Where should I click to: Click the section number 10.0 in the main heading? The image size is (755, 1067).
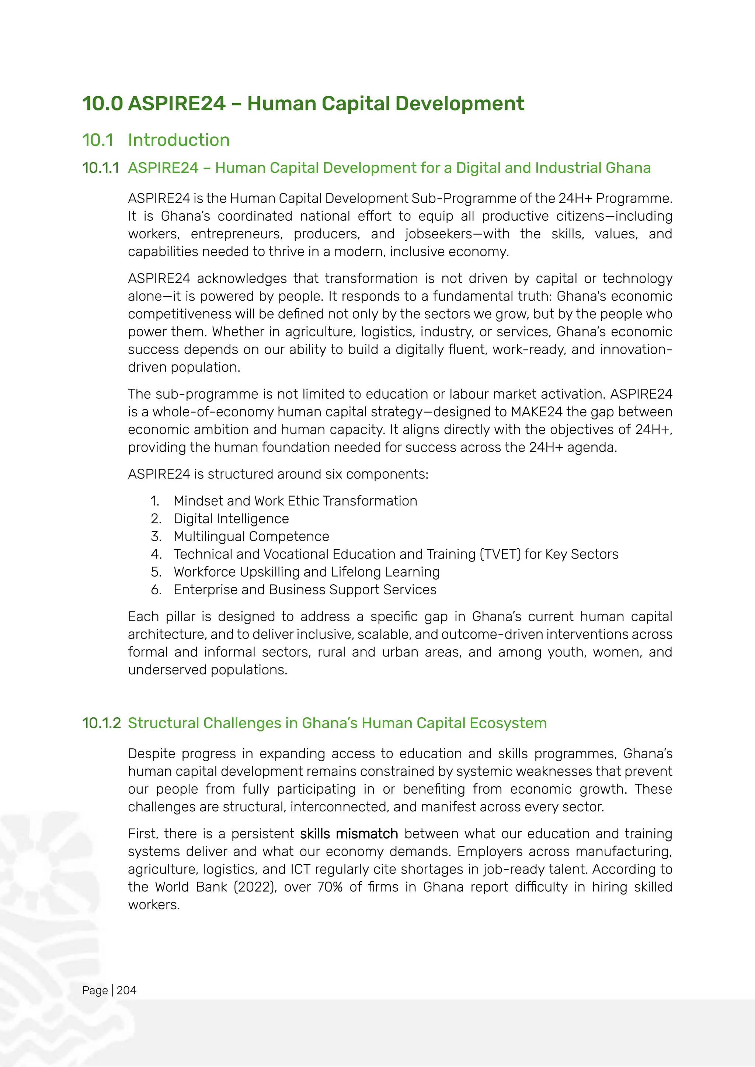point(102,104)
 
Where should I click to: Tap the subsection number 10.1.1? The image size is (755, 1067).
point(100,168)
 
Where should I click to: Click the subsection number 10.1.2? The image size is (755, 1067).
point(101,723)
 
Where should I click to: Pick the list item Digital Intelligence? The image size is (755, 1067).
point(231,519)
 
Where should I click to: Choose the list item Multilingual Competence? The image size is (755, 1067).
point(251,536)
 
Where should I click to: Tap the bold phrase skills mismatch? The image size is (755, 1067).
point(349,834)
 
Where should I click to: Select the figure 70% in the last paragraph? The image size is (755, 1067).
point(330,887)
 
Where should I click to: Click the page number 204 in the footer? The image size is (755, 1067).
point(126,990)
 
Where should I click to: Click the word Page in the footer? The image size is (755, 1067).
point(95,990)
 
